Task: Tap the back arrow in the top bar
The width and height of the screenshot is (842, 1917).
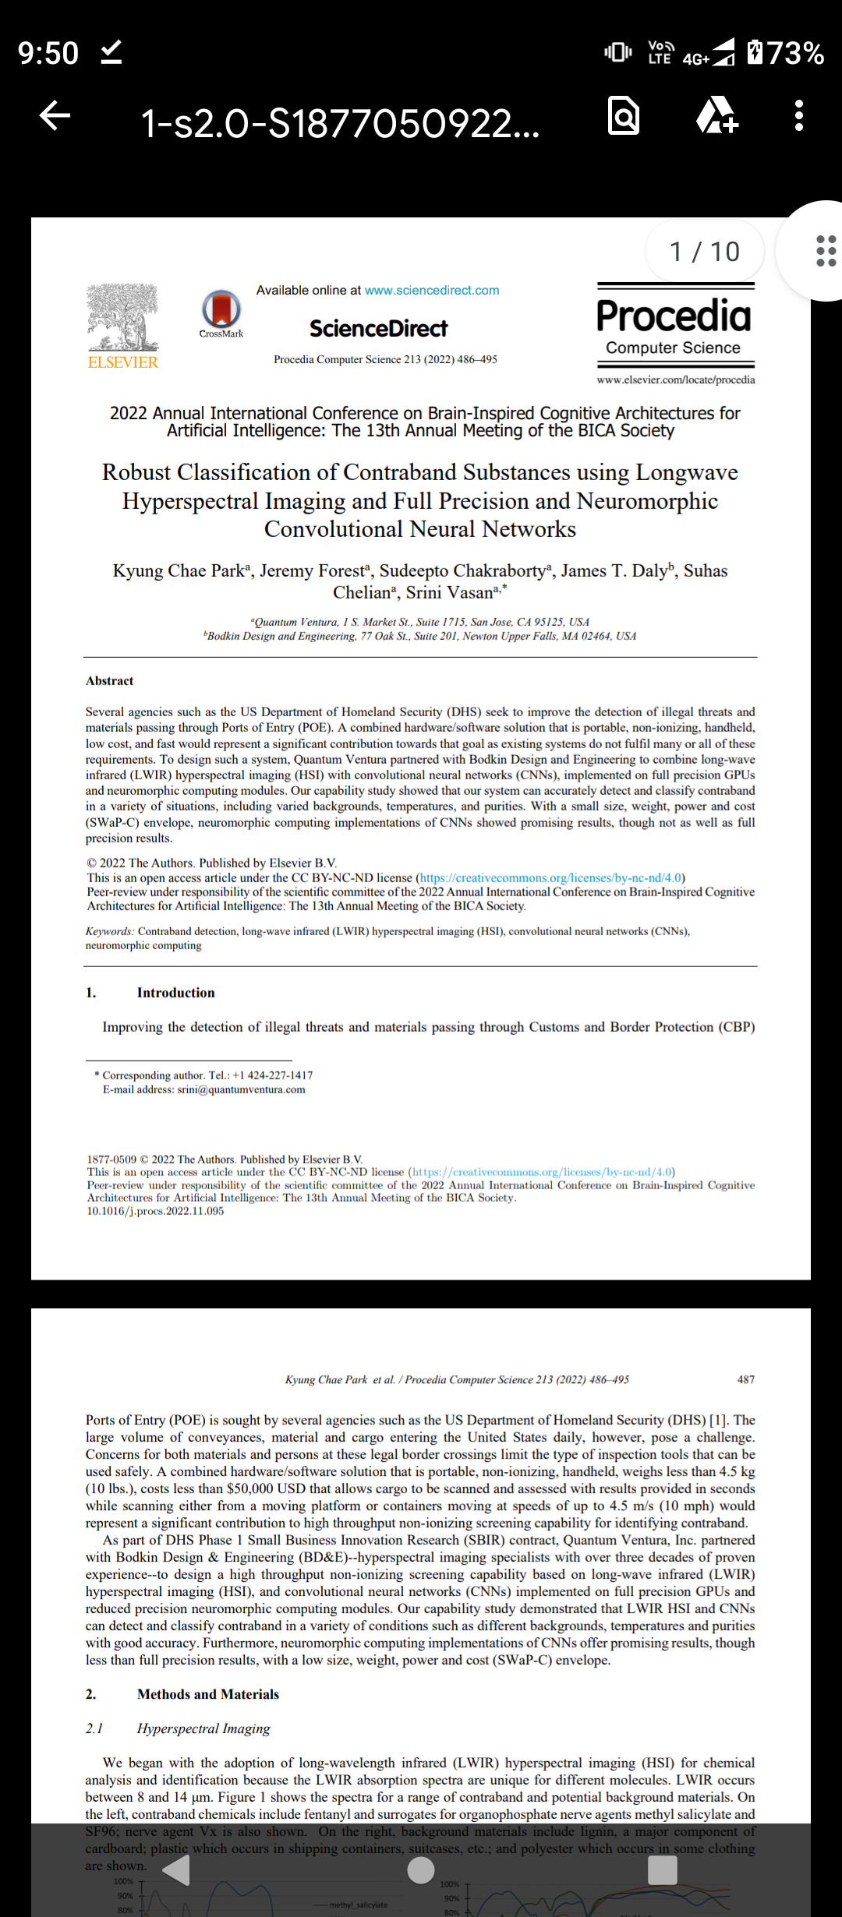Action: [55, 116]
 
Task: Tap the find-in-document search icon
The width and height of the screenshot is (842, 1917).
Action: [624, 116]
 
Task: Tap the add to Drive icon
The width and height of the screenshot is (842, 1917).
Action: [716, 116]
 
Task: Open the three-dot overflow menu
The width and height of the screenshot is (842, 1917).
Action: [798, 116]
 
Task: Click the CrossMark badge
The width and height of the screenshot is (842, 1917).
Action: [221, 310]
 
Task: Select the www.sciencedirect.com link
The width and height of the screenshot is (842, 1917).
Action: [432, 290]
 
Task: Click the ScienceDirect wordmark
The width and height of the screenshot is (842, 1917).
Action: [379, 329]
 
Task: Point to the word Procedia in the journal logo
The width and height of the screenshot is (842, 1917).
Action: [674, 316]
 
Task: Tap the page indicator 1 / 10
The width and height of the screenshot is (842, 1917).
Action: [704, 252]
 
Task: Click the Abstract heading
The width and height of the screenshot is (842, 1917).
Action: [110, 681]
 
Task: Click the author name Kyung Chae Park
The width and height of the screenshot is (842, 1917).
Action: [179, 571]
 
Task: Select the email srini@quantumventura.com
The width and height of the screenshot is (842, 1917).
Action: [241, 1089]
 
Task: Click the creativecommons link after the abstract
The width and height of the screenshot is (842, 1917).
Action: [550, 877]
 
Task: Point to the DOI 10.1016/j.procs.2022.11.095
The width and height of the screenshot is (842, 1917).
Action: [155, 1211]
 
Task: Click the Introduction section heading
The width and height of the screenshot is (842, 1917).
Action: [175, 993]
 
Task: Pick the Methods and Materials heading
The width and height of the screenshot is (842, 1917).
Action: [207, 1694]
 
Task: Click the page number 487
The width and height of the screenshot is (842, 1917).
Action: [745, 1379]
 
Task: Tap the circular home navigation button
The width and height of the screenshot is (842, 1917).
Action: [421, 1870]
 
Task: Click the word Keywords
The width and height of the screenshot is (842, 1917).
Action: [109, 931]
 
